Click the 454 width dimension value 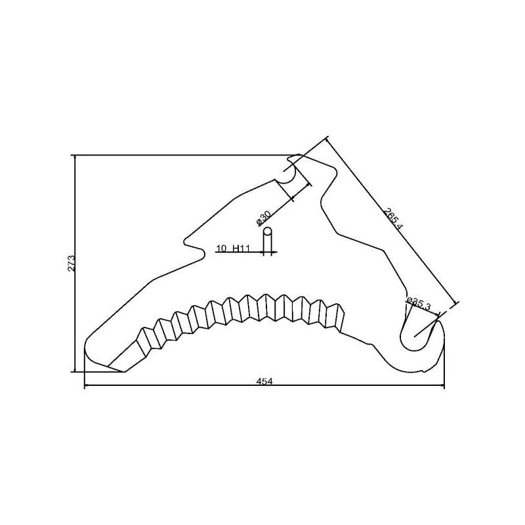[264, 381]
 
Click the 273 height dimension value [72, 263]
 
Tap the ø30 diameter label [263, 219]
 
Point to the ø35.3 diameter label [419, 304]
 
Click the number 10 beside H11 [221, 249]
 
